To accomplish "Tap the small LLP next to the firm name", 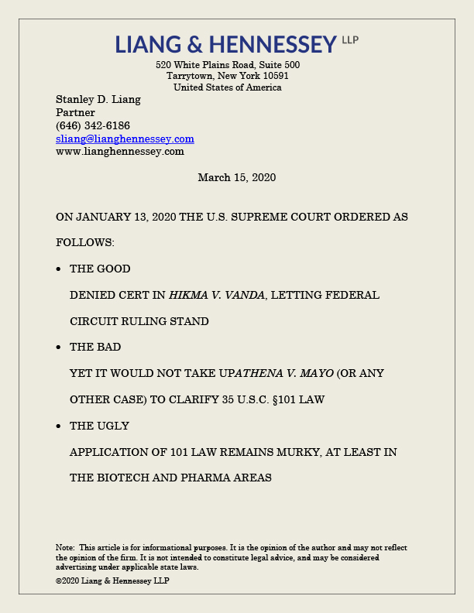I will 350,39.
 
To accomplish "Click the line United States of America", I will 227,87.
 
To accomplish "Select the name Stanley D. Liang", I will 98,100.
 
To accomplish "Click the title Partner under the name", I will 75,113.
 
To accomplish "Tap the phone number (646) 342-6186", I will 93,125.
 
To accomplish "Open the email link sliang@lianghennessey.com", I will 125,139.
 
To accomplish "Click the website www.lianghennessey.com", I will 120,152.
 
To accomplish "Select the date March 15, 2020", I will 236,178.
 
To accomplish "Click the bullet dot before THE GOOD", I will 60,269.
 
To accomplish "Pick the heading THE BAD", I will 95,348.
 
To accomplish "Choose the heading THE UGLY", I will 99,426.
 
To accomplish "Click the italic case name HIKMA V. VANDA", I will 217,296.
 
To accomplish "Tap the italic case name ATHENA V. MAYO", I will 284,374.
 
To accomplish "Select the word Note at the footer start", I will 65,548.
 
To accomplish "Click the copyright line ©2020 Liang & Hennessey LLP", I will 112,580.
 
